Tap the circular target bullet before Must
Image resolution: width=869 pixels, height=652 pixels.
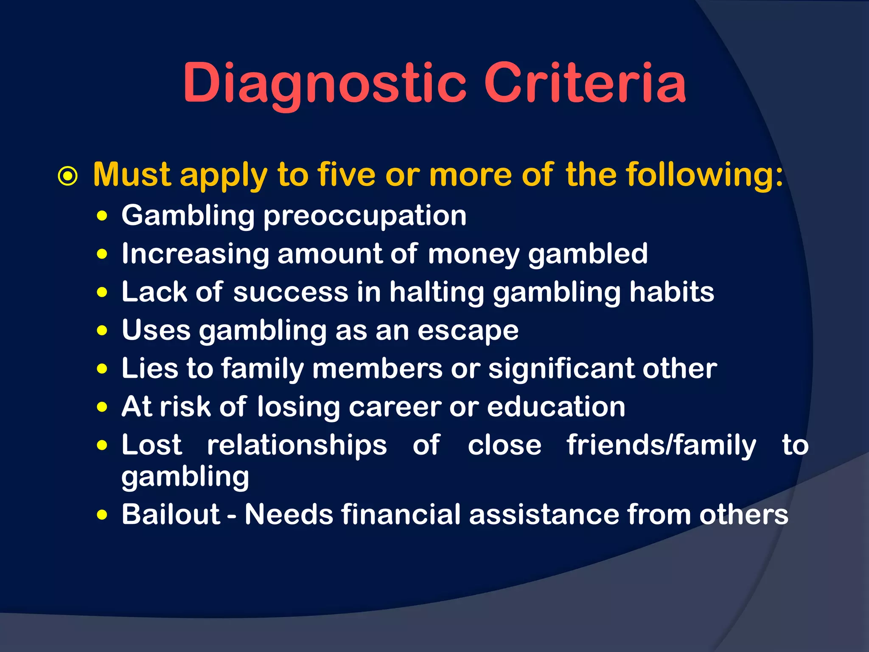pos(68,176)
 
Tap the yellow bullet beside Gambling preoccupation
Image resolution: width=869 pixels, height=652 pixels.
pos(102,216)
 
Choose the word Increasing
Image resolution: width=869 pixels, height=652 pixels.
pos(195,254)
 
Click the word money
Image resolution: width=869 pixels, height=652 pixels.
pos(474,254)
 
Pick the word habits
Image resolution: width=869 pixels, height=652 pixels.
pos(672,292)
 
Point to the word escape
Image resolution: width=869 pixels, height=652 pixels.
pos(468,330)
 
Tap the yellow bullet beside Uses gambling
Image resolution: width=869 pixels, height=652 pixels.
pos(102,330)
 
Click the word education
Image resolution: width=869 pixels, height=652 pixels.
pos(556,407)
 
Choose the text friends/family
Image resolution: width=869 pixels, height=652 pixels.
pos(661,445)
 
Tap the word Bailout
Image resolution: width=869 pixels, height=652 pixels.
pos(171,514)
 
